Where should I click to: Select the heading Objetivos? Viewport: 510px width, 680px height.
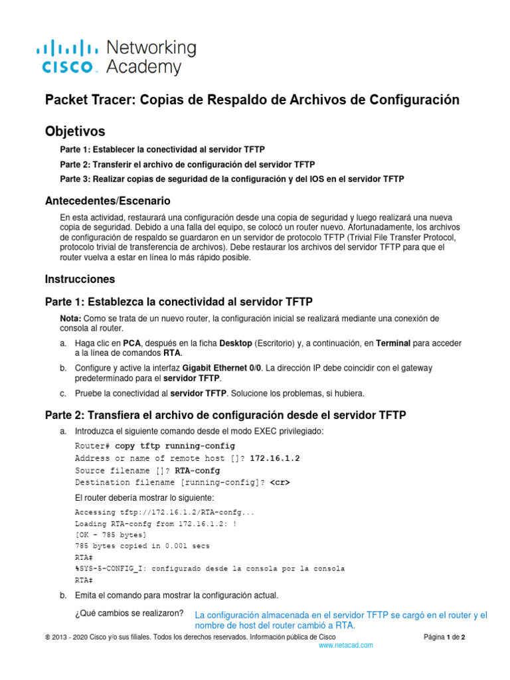[74, 131]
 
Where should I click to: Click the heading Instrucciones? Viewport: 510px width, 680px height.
[80, 279]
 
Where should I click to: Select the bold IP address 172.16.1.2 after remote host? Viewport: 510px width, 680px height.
[275, 458]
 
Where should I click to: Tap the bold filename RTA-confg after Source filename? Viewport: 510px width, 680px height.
[198, 470]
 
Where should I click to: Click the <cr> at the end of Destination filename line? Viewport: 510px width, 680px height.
[280, 482]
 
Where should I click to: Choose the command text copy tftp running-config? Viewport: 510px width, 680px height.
[175, 446]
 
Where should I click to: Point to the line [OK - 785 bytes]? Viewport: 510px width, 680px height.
[111, 535]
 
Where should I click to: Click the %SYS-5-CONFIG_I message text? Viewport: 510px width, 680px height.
[210, 568]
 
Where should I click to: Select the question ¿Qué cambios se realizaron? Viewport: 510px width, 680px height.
[129, 613]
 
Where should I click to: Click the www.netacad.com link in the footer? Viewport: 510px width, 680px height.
[346, 645]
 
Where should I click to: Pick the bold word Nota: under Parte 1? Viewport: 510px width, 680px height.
[71, 319]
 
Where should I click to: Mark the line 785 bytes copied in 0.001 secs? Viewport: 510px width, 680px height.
[142, 546]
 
